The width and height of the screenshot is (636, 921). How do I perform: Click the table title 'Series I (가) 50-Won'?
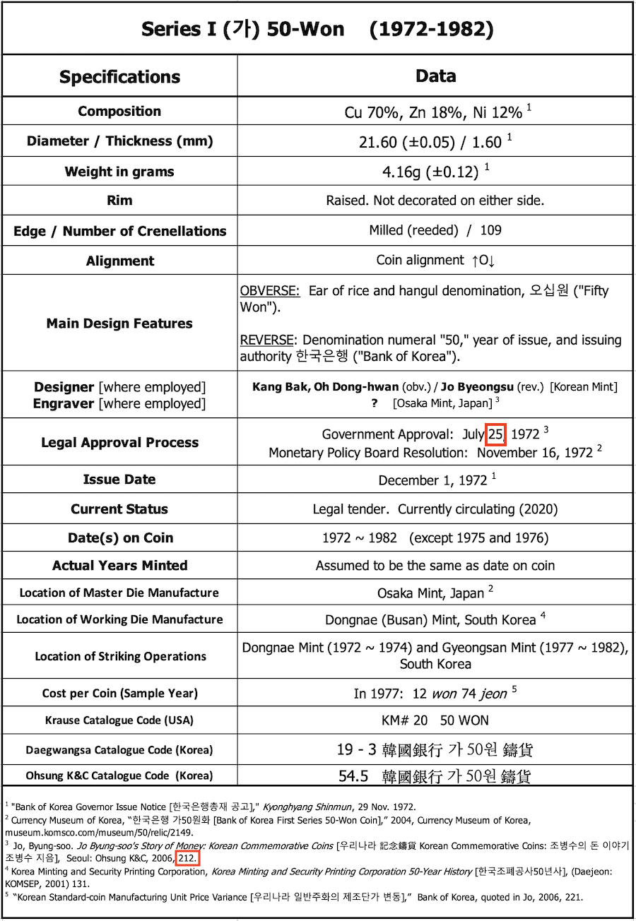tap(242, 29)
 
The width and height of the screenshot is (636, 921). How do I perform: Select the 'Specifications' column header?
tap(119, 76)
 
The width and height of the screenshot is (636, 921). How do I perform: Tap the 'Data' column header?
tap(435, 76)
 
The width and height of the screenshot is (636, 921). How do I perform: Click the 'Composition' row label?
tap(119, 111)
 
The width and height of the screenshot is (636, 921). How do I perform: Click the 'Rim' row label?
tap(119, 201)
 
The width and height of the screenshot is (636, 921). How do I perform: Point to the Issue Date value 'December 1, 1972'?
tap(432, 480)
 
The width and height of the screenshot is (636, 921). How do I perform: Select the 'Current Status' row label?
tap(119, 509)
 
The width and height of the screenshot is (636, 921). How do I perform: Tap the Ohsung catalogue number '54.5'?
tap(353, 776)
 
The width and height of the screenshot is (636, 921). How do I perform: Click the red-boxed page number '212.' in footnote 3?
tap(188, 858)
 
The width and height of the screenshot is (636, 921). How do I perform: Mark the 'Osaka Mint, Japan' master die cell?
tap(430, 593)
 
